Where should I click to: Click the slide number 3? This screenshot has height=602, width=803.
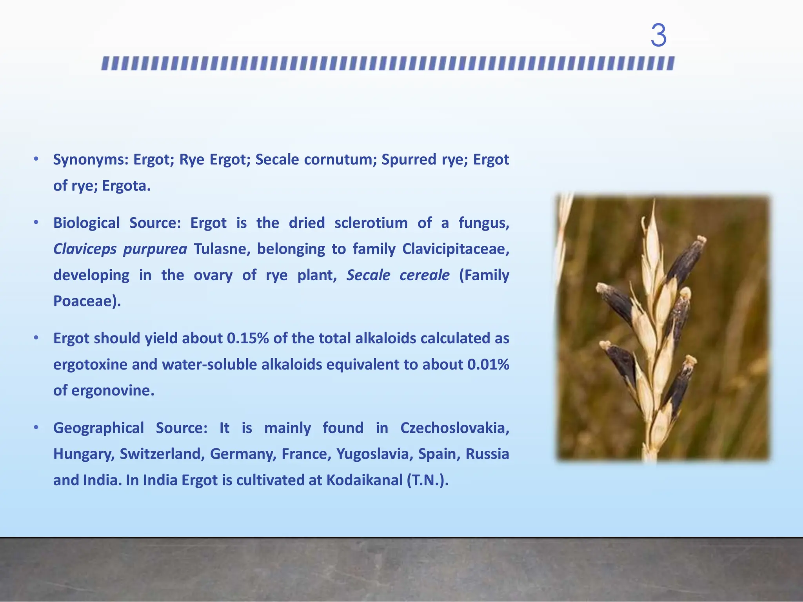tap(658, 36)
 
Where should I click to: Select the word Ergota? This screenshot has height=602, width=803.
tap(126, 186)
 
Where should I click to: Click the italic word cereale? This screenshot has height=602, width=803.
tap(424, 275)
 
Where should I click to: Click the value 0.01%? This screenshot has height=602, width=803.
tap(488, 365)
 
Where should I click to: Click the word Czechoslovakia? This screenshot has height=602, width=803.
tap(454, 428)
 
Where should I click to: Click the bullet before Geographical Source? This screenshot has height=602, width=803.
tap(36, 428)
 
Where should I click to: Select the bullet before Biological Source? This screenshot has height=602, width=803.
tap(36, 223)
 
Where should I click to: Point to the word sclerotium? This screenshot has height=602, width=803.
tap(371, 223)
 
